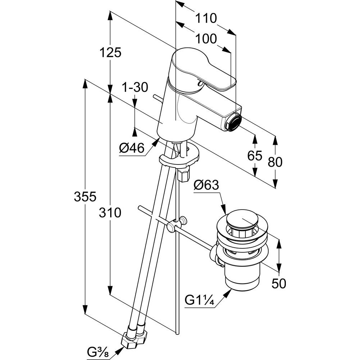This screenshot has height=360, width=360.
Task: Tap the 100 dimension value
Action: [x=206, y=38]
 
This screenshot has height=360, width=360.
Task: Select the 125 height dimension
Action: [x=110, y=53]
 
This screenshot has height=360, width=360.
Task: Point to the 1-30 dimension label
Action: [x=135, y=87]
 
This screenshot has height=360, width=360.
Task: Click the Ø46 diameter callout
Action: [x=132, y=148]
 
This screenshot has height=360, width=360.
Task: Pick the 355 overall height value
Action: [x=85, y=197]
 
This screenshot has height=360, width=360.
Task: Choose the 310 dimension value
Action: [x=110, y=213]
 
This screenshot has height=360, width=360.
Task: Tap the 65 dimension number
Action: [x=255, y=156]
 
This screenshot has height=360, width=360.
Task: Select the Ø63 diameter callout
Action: [x=206, y=185]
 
